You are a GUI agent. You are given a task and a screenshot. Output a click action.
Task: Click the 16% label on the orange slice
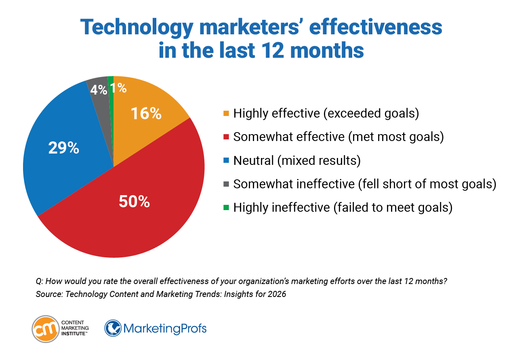click(146, 114)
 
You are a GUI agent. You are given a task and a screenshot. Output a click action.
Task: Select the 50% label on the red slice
click(134, 201)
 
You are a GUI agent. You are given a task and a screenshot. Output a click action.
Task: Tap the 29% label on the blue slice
click(63, 148)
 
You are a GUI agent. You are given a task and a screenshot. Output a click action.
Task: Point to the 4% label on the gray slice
click(98, 89)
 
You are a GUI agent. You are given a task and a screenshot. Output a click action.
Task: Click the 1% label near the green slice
click(119, 88)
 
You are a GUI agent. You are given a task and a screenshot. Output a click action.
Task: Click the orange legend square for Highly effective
click(226, 114)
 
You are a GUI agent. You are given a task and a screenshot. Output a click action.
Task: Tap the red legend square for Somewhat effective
click(226, 137)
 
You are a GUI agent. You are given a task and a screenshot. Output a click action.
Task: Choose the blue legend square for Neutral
click(226, 160)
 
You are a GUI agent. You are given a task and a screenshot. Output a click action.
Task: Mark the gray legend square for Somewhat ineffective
click(226, 184)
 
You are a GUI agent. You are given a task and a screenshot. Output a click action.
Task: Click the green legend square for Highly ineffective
click(226, 208)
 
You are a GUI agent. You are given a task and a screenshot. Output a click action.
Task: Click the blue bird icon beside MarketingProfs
click(113, 328)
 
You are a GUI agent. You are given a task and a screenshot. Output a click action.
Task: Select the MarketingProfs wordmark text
click(165, 328)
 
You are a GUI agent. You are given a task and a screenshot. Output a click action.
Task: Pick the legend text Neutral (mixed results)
click(296, 160)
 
